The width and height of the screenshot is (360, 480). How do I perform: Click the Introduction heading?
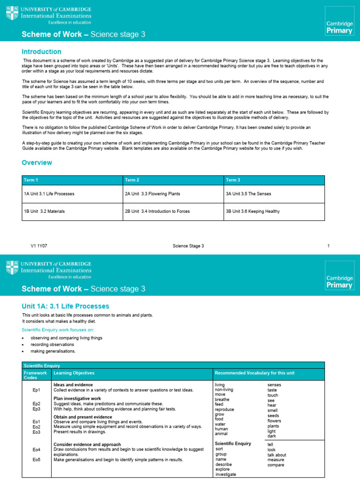point(42,52)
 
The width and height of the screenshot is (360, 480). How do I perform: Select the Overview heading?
point(37,163)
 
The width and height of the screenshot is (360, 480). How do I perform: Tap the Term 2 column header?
point(132,180)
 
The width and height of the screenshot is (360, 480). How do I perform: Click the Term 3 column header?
point(233,180)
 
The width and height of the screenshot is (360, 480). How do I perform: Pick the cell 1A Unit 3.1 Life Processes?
point(49,194)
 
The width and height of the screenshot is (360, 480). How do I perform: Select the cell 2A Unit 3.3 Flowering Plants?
point(152,194)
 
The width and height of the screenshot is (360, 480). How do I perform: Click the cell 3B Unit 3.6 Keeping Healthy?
point(253,211)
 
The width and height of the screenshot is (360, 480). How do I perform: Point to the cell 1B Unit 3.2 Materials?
point(45,211)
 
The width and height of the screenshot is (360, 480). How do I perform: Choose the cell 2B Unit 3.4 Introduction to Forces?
point(157,211)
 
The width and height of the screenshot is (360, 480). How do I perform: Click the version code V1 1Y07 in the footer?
point(39,246)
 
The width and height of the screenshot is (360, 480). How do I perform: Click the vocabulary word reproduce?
point(224,409)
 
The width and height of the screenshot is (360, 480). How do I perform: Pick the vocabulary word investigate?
point(226,474)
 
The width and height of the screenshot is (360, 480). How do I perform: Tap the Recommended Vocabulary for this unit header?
point(255,373)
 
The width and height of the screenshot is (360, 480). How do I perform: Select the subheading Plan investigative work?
point(77,398)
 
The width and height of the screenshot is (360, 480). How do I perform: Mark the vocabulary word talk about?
point(277,455)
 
